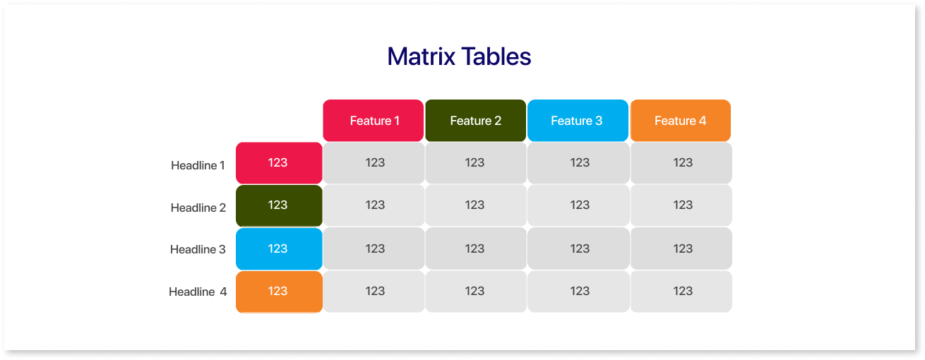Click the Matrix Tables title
pyautogui.click(x=459, y=56)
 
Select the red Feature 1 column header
pyautogui.click(x=374, y=121)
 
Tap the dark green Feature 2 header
pyautogui.click(x=476, y=121)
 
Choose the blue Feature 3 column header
pyautogui.click(x=578, y=121)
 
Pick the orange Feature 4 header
pyautogui.click(x=681, y=121)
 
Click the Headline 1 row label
pyautogui.click(x=198, y=165)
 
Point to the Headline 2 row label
pyautogui.click(x=198, y=208)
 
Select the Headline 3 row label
pyautogui.click(x=198, y=249)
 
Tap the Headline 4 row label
pyautogui.click(x=198, y=292)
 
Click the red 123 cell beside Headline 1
pyautogui.click(x=279, y=163)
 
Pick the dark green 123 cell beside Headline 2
pyautogui.click(x=279, y=205)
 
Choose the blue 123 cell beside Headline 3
pyautogui.click(x=279, y=249)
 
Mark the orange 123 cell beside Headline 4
pyautogui.click(x=279, y=292)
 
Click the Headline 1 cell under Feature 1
pyautogui.click(x=374, y=163)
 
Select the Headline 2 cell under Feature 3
pyautogui.click(x=578, y=205)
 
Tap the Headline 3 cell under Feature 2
pyautogui.click(x=476, y=249)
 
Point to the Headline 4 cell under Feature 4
pyautogui.click(x=681, y=292)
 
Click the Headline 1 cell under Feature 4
pyautogui.click(x=681, y=163)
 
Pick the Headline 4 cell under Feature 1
pyautogui.click(x=374, y=292)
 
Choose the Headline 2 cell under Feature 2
pyautogui.click(x=476, y=205)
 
